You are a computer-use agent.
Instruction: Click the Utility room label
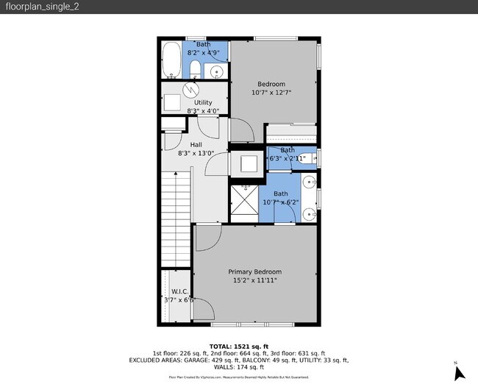pos(203,102)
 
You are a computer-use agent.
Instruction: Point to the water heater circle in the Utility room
pos(191,90)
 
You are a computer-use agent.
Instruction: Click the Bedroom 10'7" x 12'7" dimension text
pos(271,93)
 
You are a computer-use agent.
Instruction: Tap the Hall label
pos(196,144)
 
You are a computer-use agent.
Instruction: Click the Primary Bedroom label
pos(254,271)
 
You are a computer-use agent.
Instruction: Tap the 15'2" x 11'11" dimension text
pos(254,280)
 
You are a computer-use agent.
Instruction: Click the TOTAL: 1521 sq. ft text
pos(239,346)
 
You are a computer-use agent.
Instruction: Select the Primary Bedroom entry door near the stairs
pos(207,237)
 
